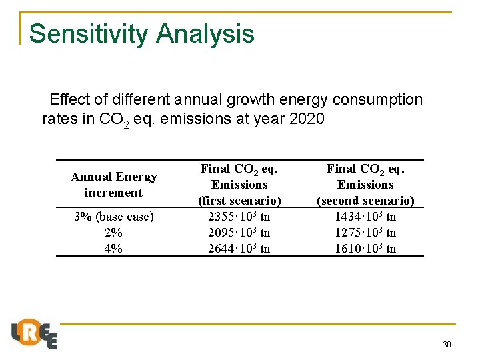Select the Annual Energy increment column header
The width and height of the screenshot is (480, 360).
(x=113, y=185)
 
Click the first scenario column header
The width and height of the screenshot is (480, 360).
(x=239, y=185)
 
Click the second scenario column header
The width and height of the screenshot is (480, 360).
(x=365, y=185)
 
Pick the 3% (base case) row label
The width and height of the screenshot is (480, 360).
(x=113, y=217)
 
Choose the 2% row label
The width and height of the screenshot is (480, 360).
(x=113, y=233)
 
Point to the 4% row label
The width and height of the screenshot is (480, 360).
(x=113, y=249)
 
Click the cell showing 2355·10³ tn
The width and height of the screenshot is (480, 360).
(x=239, y=217)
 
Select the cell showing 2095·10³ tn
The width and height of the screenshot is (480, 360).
(x=239, y=233)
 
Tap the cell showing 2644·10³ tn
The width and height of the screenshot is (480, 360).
(x=239, y=249)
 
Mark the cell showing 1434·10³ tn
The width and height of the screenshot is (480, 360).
(x=365, y=217)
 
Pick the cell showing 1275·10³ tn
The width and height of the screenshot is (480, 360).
(x=365, y=233)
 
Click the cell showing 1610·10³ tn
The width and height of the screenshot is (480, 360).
(x=365, y=249)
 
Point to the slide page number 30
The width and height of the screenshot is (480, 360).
(x=447, y=345)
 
